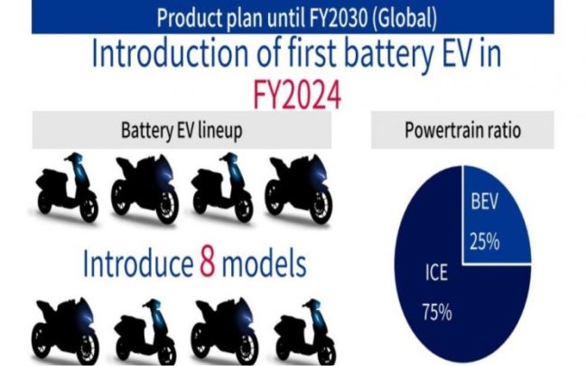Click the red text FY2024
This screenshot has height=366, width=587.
coord(297,95)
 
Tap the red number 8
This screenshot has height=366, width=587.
coord(208,262)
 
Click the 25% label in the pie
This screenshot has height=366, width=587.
coord(484,242)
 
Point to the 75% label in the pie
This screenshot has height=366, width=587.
coord(437,312)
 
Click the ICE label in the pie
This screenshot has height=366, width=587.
coord(436,272)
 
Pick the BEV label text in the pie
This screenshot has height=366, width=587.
coord(484,201)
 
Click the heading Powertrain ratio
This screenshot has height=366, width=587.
coord(462,131)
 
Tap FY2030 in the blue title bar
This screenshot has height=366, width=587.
coord(339,17)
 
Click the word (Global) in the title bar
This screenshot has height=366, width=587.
coord(405,18)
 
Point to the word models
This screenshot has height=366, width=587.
coord(265,263)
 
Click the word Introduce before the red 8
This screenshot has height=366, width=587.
coord(138,263)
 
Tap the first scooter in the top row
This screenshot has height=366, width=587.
coord(67,188)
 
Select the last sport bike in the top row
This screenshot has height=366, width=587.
coord(299,188)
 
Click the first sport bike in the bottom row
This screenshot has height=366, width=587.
coord(65,332)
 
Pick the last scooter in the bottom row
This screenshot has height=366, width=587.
coord(305,333)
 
